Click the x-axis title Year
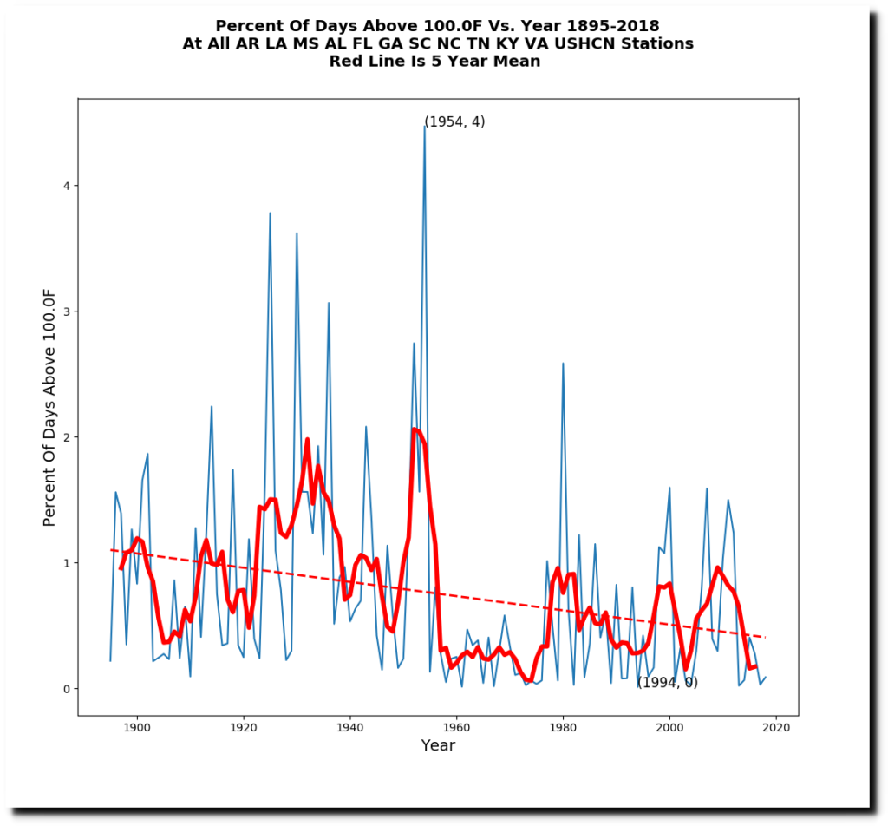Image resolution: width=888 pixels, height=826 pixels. pyautogui.click(x=437, y=745)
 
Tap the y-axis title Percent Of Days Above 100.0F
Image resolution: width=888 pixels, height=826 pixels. pyautogui.click(x=50, y=407)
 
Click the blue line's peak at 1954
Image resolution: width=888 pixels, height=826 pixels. pyautogui.click(x=425, y=127)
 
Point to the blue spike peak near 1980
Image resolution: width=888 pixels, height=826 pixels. pyautogui.click(x=563, y=364)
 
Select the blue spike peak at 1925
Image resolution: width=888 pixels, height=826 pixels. pyautogui.click(x=270, y=213)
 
